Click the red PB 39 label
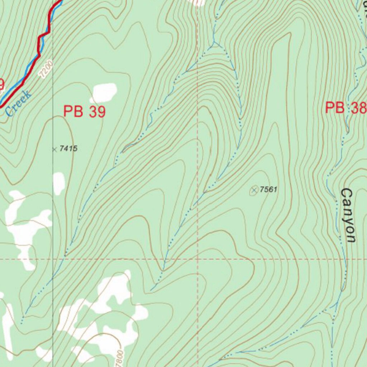point(85,111)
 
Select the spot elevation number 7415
point(68,148)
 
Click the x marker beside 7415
point(54,149)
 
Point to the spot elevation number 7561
point(268,189)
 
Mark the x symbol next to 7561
point(254,190)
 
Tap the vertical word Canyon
point(348,215)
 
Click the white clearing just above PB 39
point(105,92)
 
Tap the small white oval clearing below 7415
point(59,183)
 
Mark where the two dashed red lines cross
point(197,258)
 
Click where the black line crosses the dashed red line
point(53,259)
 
